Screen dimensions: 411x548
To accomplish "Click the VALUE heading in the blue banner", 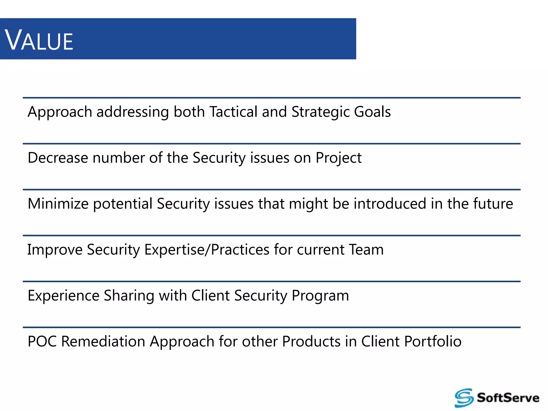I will point(39,40).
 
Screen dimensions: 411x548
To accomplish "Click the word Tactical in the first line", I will point(233,112).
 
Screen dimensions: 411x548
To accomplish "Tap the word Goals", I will point(372,112).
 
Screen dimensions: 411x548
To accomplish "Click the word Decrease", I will point(58,158).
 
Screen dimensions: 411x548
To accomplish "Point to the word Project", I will point(338,158).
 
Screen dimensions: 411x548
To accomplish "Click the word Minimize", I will point(58,204).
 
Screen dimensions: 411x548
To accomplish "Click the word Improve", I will point(55,250).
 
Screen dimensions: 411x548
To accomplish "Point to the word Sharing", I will point(129,296).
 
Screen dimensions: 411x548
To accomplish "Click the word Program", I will point(320,296).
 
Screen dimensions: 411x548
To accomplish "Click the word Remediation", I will point(103,341).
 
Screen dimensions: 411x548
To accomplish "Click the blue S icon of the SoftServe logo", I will point(464,398).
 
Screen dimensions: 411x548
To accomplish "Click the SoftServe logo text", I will point(508,398).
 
